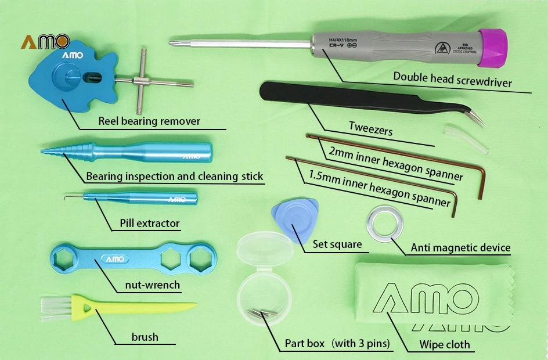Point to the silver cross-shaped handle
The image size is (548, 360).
[143, 81]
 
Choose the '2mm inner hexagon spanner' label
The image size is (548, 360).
[395, 163]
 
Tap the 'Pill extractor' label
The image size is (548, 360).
[149, 223]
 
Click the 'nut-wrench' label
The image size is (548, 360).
[152, 285]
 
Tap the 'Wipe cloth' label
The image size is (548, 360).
[445, 345]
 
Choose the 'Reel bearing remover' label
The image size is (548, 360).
[149, 121]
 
